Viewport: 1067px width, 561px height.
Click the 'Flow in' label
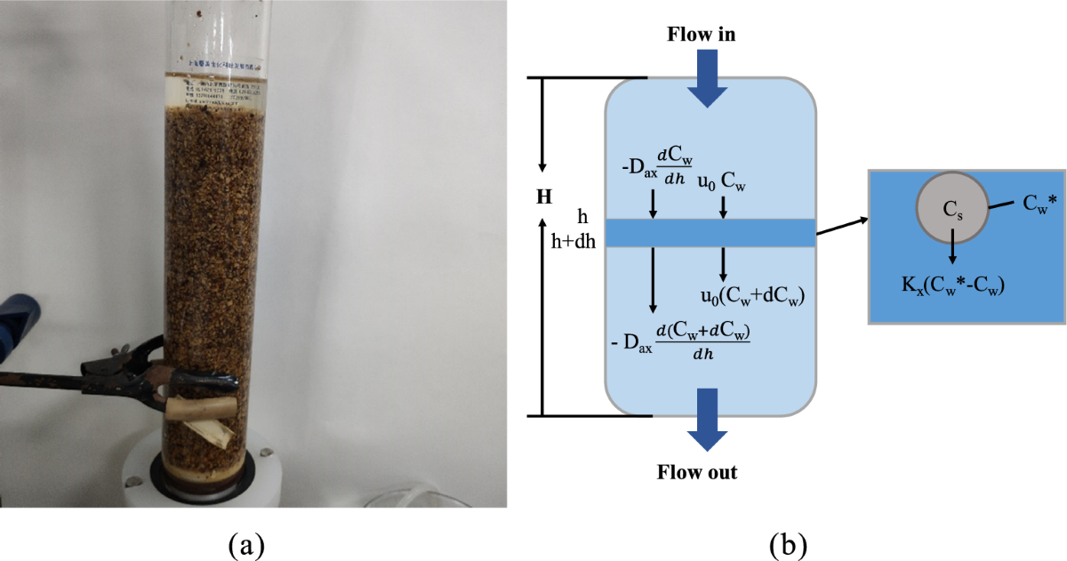tap(702, 35)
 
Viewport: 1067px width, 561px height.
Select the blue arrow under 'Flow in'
tap(710, 77)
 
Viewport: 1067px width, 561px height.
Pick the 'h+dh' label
tap(572, 241)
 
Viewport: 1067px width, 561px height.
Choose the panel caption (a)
tap(245, 541)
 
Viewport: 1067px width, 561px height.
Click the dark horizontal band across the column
tap(710, 232)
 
